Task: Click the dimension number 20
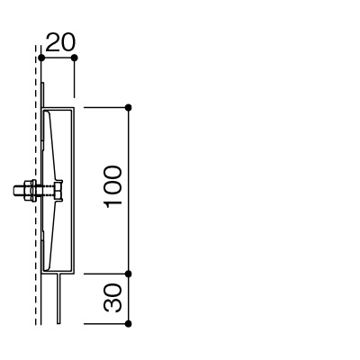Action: coord(60,42)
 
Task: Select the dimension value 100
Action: coord(112,186)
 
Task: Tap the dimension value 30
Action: coord(112,297)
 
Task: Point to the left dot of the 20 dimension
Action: coord(41,58)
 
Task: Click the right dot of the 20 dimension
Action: coord(75,58)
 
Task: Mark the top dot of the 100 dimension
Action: coord(129,107)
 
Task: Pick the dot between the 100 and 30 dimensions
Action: coord(129,274)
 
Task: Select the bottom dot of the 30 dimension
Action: coord(129,324)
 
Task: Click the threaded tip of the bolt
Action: coord(18,191)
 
